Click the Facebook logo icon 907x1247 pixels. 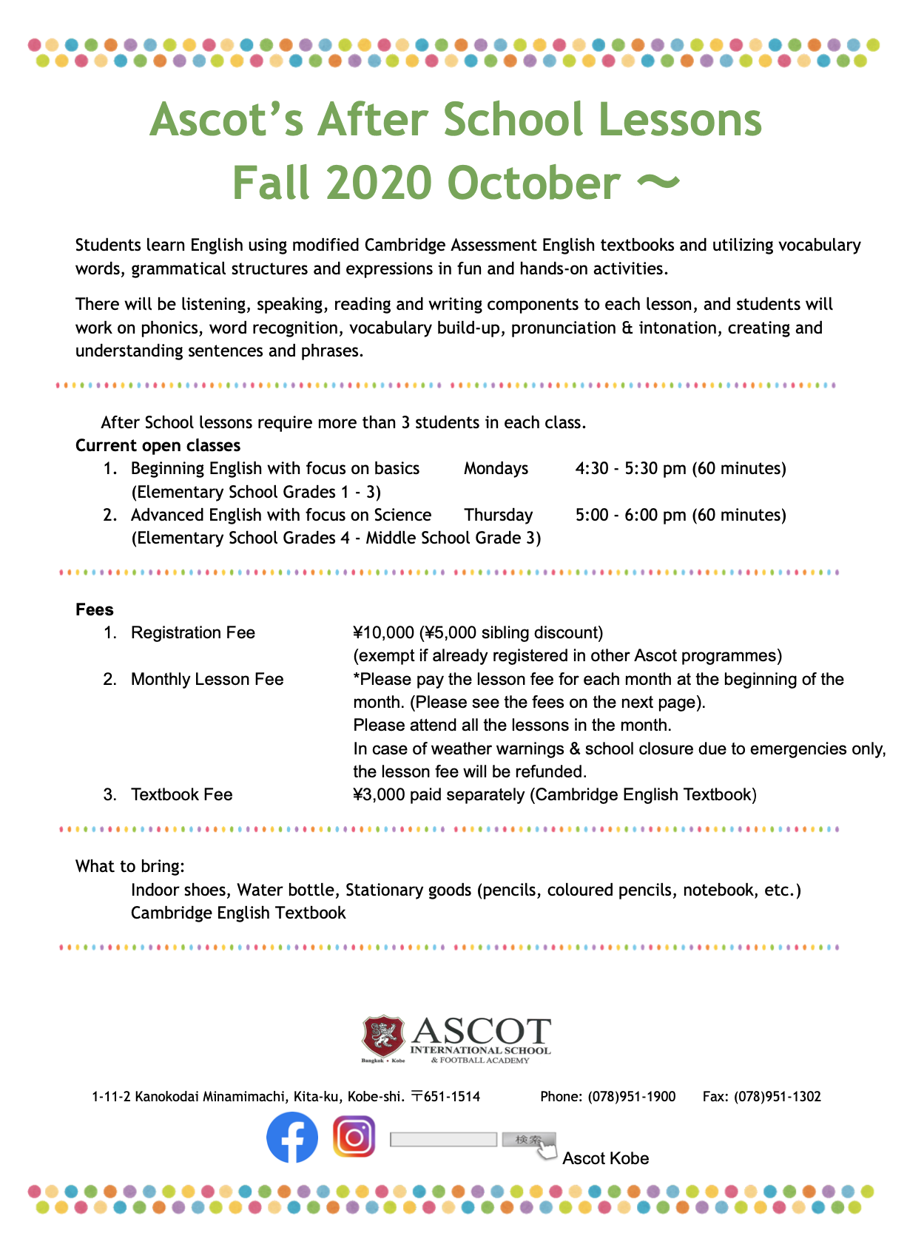pyautogui.click(x=292, y=1138)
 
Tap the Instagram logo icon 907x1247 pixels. pyautogui.click(x=354, y=1136)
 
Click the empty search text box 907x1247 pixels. pyautogui.click(x=443, y=1140)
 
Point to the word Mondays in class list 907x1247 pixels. pyautogui.click(x=496, y=469)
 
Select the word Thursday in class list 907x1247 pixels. pyautogui.click(x=498, y=516)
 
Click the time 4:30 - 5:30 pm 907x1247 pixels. pyautogui.click(x=630, y=469)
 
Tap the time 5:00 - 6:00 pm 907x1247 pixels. pyautogui.click(x=630, y=516)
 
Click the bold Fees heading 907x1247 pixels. pyautogui.click(x=95, y=610)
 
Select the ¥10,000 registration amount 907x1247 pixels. pyautogui.click(x=383, y=633)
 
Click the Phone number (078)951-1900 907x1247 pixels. pyautogui.click(x=632, y=1097)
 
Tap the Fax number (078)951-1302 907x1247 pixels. pyautogui.click(x=778, y=1097)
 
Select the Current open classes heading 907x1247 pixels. pyautogui.click(x=158, y=446)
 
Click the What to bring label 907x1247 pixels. pyautogui.click(x=130, y=867)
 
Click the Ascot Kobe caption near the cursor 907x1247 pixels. pyautogui.click(x=605, y=1159)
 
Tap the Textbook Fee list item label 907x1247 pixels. pyautogui.click(x=181, y=795)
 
